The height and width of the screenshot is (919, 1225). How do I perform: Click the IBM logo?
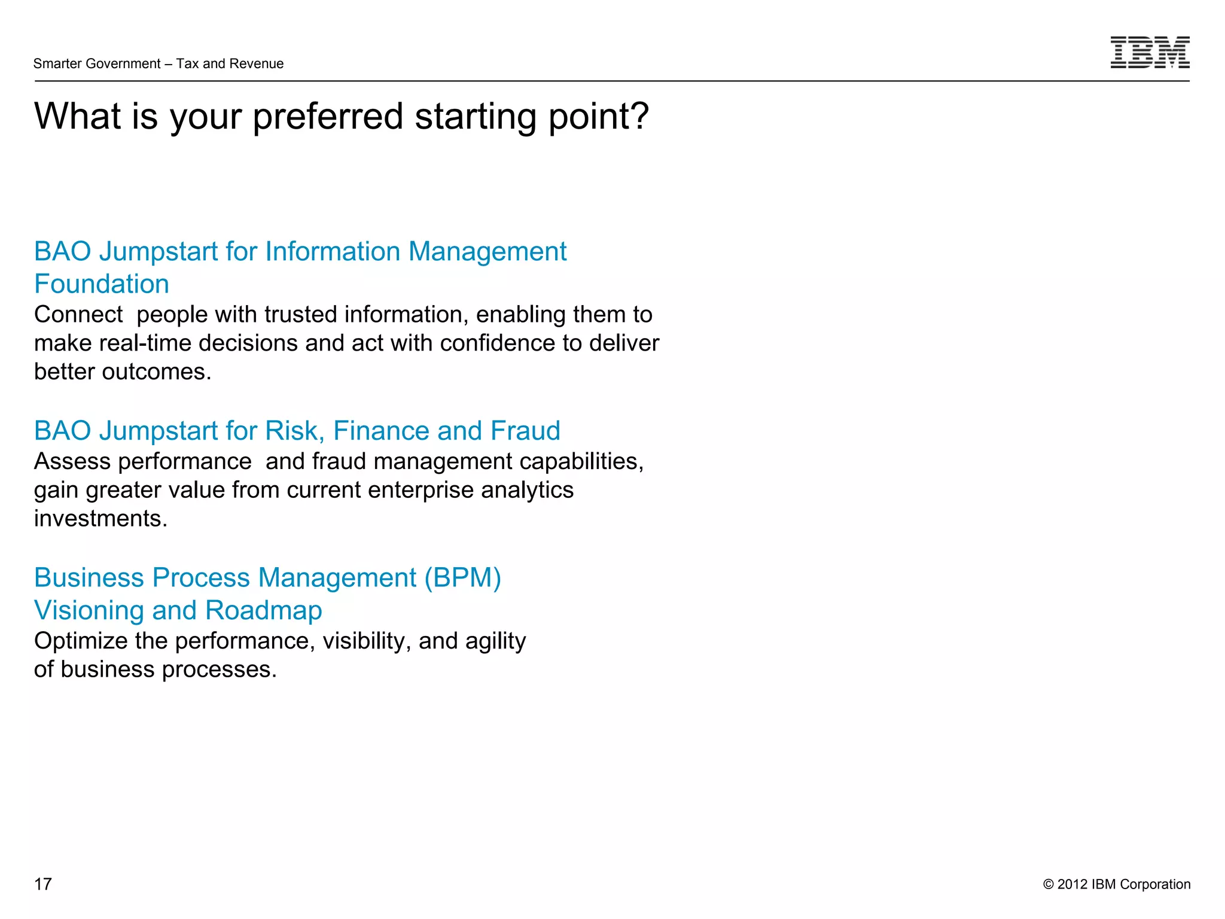(1150, 52)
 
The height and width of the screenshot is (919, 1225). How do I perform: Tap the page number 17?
(43, 884)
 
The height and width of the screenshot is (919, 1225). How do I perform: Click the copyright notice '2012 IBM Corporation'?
(1123, 884)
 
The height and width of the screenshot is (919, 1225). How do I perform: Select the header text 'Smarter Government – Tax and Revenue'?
(159, 63)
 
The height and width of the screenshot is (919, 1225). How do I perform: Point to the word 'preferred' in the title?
(328, 117)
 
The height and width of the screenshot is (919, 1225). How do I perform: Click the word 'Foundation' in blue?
(102, 284)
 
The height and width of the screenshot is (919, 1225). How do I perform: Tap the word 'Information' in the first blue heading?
(333, 251)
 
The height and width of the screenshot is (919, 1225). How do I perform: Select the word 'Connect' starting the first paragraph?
(78, 315)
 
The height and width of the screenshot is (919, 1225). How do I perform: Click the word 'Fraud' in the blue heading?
(525, 431)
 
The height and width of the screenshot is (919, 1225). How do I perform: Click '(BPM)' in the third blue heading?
(463, 578)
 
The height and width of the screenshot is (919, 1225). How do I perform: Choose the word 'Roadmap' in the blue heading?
(263, 610)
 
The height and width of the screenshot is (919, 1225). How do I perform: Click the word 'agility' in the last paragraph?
(496, 641)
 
